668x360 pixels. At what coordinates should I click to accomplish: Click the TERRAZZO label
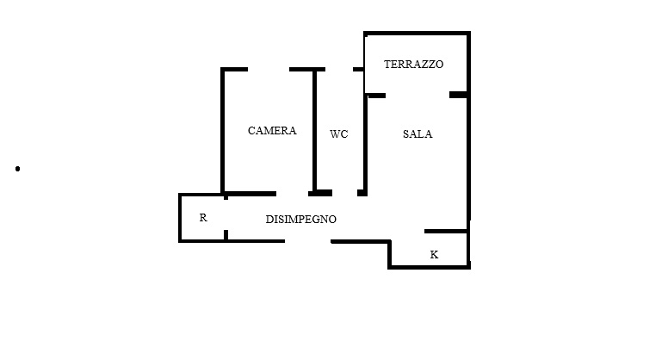[x=414, y=65]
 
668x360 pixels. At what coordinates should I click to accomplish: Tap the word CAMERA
[x=272, y=130]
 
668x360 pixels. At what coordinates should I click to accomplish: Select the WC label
[x=338, y=134]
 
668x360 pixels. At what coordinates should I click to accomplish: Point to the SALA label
[x=417, y=134]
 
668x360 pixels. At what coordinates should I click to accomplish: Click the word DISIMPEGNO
[x=301, y=220]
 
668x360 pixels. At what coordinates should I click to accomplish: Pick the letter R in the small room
[x=203, y=218]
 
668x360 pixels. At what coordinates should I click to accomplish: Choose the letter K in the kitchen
[x=434, y=255]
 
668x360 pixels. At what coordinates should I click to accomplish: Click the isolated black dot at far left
[x=17, y=169]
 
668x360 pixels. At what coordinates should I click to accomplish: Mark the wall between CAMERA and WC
[x=315, y=130]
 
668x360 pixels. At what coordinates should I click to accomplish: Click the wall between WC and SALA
[x=366, y=144]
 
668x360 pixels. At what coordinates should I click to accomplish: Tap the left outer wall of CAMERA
[x=222, y=130]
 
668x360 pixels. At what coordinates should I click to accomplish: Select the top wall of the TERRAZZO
[x=417, y=34]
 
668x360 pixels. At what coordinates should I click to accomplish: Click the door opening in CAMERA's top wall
[x=269, y=69]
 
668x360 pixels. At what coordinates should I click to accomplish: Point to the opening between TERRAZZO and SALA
[x=417, y=96]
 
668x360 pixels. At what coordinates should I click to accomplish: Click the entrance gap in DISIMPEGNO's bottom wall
[x=307, y=241]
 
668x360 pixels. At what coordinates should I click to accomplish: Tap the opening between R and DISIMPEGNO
[x=226, y=214]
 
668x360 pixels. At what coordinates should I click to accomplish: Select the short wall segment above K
[x=446, y=232]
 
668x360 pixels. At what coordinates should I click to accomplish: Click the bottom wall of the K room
[x=429, y=267]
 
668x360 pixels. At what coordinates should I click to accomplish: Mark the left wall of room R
[x=180, y=218]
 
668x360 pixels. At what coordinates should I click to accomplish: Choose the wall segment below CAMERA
[x=251, y=194]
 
